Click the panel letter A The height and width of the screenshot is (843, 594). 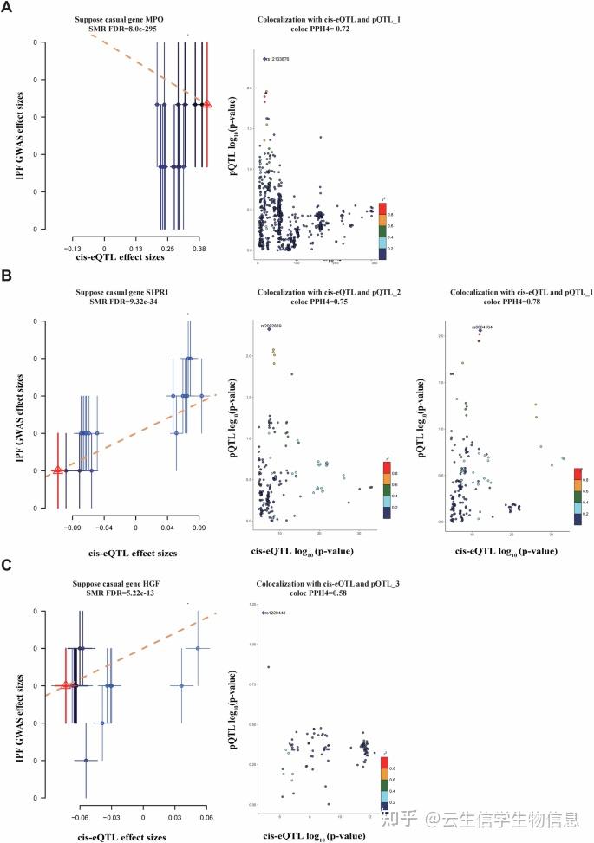click(9, 10)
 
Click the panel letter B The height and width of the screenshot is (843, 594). click(9, 279)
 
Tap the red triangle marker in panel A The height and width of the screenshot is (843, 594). click(206, 104)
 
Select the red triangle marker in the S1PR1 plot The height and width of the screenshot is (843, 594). click(58, 470)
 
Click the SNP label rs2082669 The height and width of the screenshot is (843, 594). click(271, 326)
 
